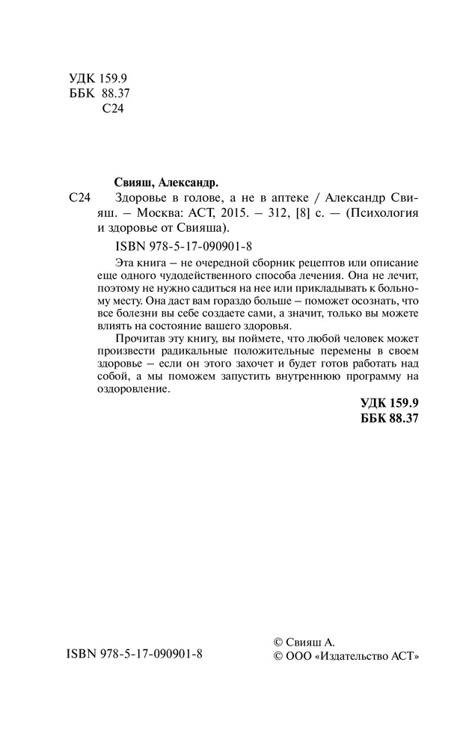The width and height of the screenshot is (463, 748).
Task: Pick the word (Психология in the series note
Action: point(380,212)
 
